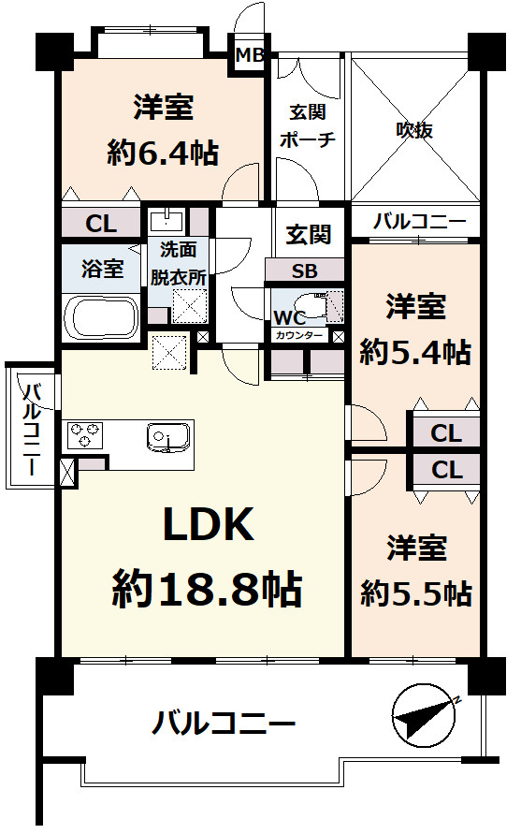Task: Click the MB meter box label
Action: tap(250, 55)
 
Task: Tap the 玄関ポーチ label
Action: tap(306, 126)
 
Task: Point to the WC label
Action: tap(289, 315)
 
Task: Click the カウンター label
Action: tap(299, 334)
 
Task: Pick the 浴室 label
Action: tap(102, 270)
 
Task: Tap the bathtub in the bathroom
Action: tap(101, 318)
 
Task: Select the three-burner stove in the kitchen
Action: tap(86, 436)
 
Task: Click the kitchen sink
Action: tap(169, 437)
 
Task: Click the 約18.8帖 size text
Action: tap(207, 589)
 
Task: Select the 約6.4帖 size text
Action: tap(163, 154)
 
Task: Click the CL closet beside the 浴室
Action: tap(100, 224)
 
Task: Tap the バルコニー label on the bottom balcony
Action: tap(224, 723)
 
